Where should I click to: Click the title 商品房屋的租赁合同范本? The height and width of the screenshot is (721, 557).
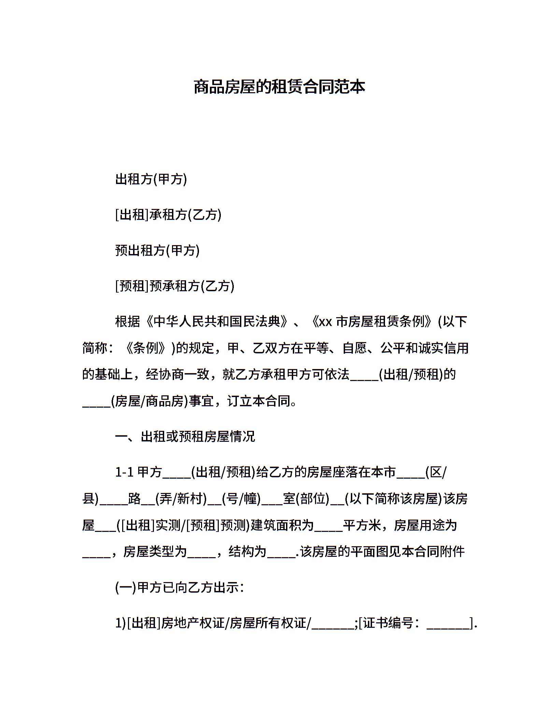click(279, 87)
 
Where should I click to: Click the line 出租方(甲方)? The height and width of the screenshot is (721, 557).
click(151, 179)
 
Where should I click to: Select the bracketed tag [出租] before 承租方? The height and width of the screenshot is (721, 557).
click(132, 215)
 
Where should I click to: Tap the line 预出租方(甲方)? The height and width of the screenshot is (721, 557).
click(157, 250)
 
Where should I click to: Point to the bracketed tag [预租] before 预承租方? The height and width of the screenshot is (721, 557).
click(132, 286)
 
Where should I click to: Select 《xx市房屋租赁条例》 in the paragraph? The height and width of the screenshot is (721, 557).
click(372, 322)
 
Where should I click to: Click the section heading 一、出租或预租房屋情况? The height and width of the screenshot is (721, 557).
click(185, 437)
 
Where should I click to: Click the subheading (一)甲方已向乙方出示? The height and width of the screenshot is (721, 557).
click(180, 588)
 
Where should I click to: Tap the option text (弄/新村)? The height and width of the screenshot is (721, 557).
click(181, 499)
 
